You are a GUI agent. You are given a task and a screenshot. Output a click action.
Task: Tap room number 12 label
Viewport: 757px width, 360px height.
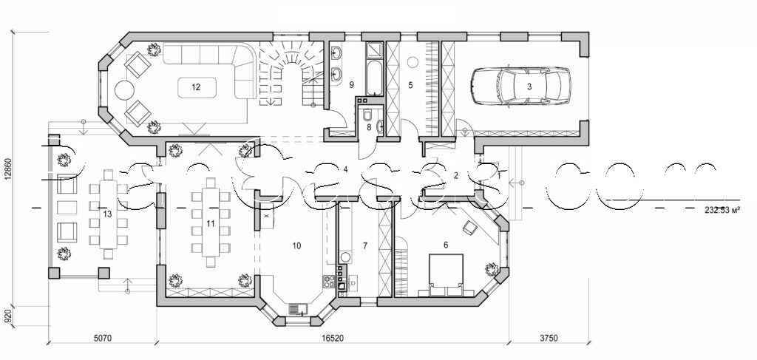pyautogui.click(x=196, y=86)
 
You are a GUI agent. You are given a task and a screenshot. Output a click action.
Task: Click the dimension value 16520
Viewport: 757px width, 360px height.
pyautogui.click(x=330, y=338)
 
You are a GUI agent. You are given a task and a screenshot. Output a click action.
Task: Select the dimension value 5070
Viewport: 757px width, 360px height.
pyautogui.click(x=102, y=338)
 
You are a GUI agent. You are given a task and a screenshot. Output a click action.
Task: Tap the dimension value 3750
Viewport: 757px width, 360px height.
pyautogui.click(x=548, y=338)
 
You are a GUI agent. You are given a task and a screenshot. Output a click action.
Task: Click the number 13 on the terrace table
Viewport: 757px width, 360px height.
pyautogui.click(x=108, y=214)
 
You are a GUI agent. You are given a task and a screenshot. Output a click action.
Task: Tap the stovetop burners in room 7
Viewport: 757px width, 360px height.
pyautogui.click(x=342, y=278)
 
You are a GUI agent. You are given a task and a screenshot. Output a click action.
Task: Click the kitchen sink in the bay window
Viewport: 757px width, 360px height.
pyautogui.click(x=297, y=308)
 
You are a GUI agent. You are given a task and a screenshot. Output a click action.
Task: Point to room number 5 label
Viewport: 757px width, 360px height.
pyautogui.click(x=410, y=85)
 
